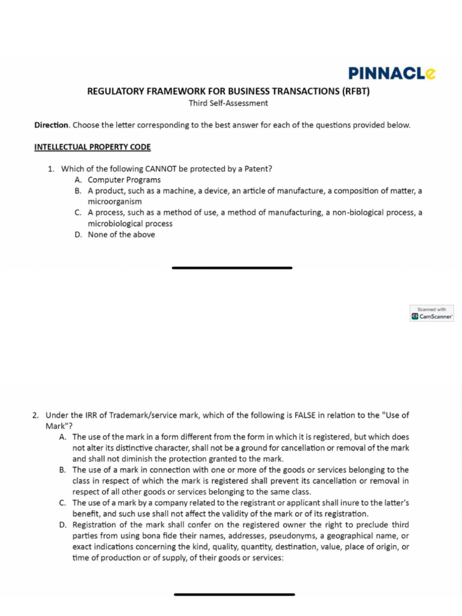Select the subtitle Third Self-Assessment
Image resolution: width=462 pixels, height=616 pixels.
point(228,103)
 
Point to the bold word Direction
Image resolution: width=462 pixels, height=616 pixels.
point(52,125)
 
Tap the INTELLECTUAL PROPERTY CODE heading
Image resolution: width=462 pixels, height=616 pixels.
point(92,147)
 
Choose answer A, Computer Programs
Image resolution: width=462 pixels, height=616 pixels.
point(124,180)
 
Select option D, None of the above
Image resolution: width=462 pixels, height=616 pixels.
point(121,235)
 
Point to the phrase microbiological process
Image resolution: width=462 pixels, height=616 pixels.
point(130,224)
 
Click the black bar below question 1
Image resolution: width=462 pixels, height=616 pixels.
point(232,268)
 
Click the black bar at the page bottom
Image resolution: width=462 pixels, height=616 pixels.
point(234,594)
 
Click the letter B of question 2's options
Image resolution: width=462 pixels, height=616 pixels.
point(63,470)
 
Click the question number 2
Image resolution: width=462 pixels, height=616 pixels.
point(36,415)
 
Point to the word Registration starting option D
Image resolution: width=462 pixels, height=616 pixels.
point(97,525)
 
